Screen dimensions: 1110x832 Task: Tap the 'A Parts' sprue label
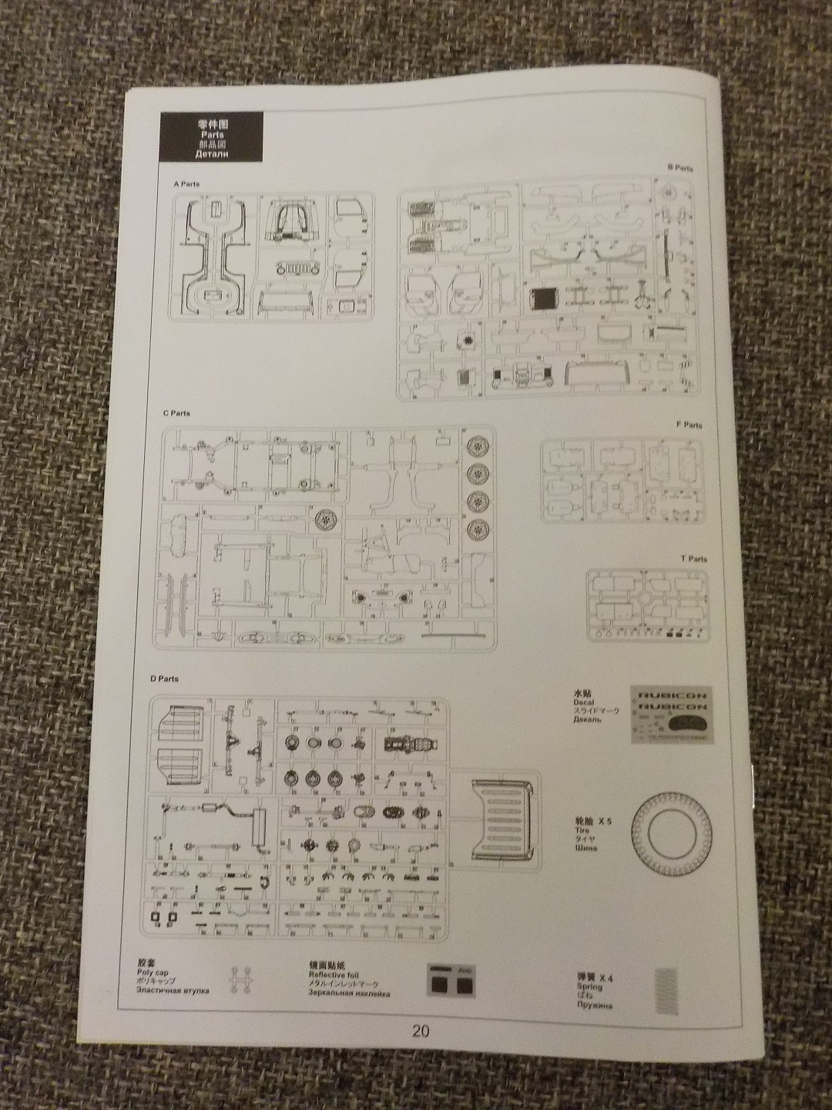pos(187,184)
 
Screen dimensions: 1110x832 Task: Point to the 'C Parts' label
pos(176,414)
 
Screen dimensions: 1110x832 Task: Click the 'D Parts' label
pos(165,679)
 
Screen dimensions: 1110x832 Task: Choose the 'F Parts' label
pos(689,425)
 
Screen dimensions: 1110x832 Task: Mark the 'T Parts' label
pos(693,559)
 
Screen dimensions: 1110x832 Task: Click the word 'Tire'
pos(581,833)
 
